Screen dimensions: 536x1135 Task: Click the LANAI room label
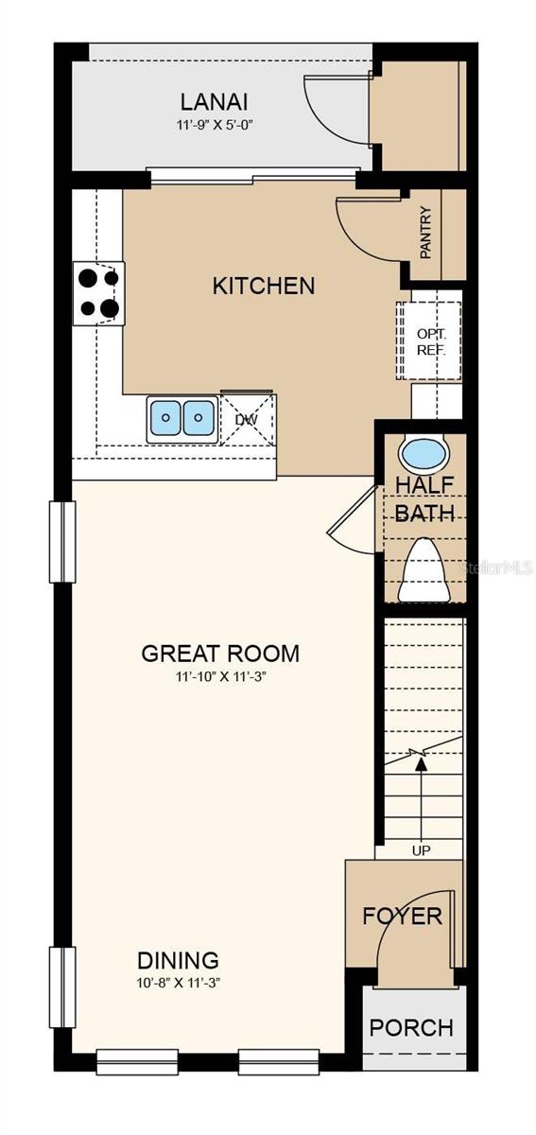pyautogui.click(x=215, y=102)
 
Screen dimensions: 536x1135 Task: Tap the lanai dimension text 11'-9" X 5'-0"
pyautogui.click(x=215, y=125)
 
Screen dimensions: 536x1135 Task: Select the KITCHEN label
pyautogui.click(x=264, y=286)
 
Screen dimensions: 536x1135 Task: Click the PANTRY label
pyautogui.click(x=425, y=233)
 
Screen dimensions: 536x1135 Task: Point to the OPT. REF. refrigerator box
pyautogui.click(x=428, y=340)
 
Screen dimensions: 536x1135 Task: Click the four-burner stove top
pyautogui.click(x=99, y=293)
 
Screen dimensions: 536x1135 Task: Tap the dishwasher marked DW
pyautogui.click(x=249, y=420)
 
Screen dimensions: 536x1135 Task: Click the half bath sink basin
pyautogui.click(x=424, y=453)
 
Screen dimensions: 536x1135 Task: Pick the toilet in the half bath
pyautogui.click(x=424, y=569)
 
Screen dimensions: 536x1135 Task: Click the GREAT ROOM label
pyautogui.click(x=220, y=654)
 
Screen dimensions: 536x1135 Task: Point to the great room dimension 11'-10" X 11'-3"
pyautogui.click(x=221, y=677)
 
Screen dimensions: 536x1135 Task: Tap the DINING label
pyautogui.click(x=179, y=960)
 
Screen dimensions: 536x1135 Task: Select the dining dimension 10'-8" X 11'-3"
pyautogui.click(x=179, y=984)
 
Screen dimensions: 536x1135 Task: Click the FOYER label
pyautogui.click(x=403, y=917)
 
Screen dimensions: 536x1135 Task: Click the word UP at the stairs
pyautogui.click(x=421, y=850)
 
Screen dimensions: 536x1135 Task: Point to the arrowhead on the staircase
pyautogui.click(x=420, y=764)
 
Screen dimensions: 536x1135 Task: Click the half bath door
pyautogui.click(x=352, y=509)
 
